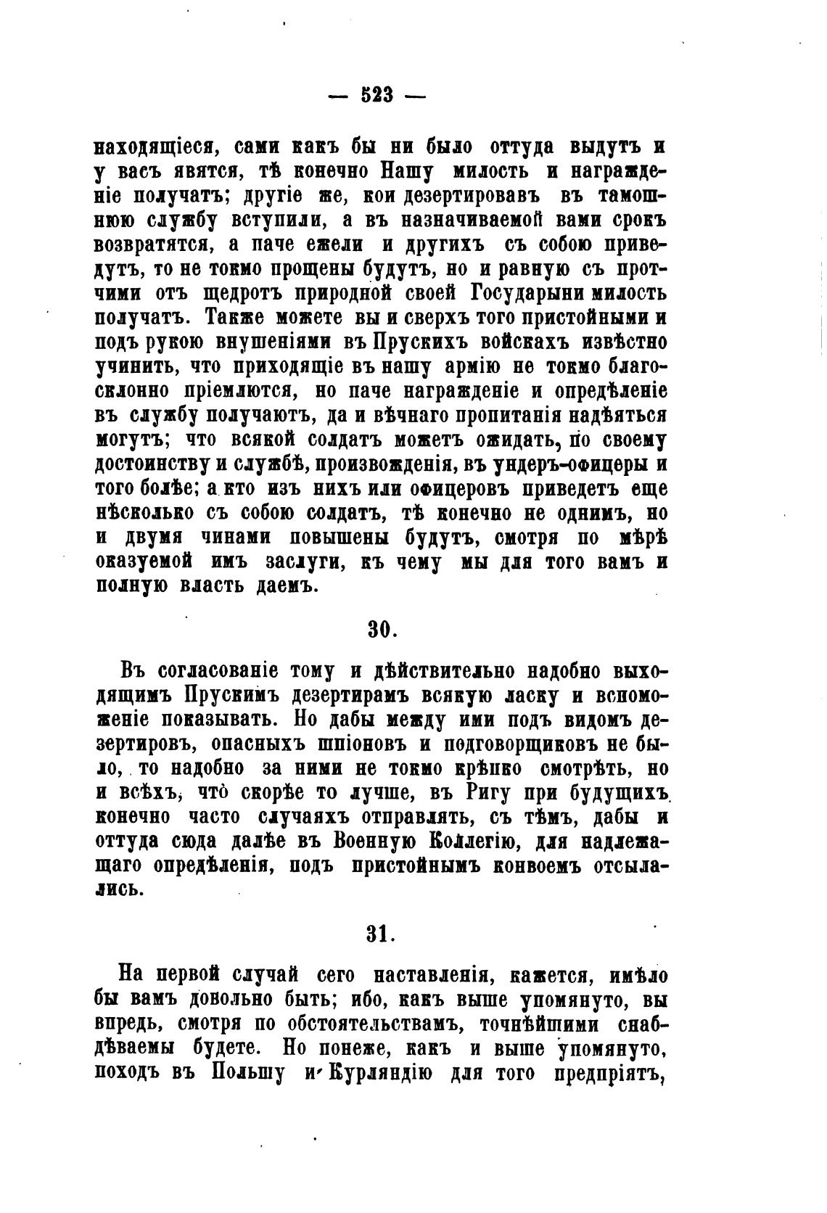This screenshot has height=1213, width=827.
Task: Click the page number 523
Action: pos(376,95)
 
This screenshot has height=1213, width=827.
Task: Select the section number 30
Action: pos(380,630)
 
